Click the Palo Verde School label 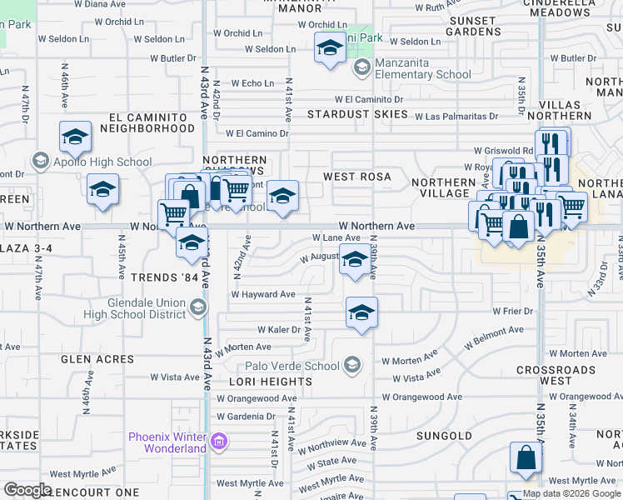click(292, 366)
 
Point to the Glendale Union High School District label click(134, 308)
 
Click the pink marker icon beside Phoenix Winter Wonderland click(219, 440)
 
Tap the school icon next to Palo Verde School click(353, 365)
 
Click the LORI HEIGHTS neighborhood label click(270, 382)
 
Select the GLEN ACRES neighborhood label click(97, 359)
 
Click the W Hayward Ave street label click(263, 294)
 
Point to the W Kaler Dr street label click(278, 330)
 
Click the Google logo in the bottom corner click(27, 490)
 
